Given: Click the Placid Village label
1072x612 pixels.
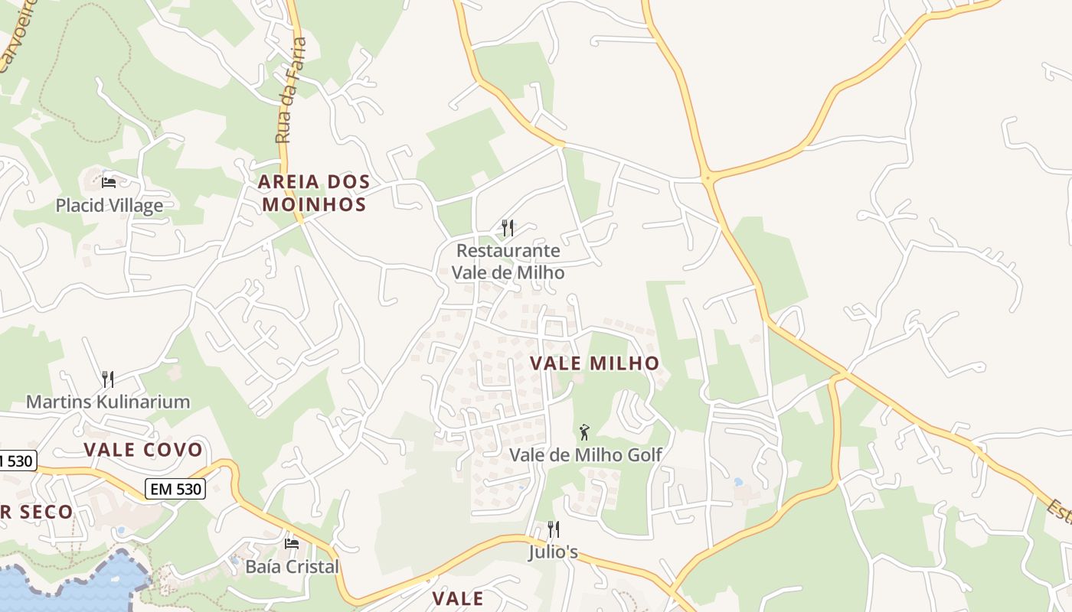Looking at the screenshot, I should click(109, 205).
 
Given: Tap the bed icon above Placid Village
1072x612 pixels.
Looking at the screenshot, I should click(109, 182).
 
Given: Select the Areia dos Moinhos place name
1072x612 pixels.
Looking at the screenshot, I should click(313, 193).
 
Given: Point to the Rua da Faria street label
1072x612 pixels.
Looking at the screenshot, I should click(291, 90).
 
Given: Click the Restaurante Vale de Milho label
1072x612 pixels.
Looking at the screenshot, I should click(508, 262).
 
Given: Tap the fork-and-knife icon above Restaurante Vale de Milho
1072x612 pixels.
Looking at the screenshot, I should click(507, 228).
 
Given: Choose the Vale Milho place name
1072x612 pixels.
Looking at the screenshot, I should click(594, 363).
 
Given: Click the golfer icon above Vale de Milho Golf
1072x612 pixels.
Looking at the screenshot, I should click(584, 432).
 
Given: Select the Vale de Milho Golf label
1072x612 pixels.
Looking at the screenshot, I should click(586, 454).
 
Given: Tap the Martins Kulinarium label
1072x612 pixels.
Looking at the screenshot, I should click(108, 402).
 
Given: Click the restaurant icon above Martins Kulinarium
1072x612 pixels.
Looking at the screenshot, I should click(108, 379).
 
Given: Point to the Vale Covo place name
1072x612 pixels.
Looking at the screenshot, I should click(143, 449).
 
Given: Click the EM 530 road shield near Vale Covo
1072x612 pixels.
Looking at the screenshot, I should click(175, 489).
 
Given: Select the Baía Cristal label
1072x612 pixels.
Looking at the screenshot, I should click(292, 567).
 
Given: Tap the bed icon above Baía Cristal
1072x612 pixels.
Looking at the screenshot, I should click(292, 544).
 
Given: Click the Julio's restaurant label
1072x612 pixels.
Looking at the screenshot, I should click(553, 552).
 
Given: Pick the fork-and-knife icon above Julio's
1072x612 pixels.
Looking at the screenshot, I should click(553, 529).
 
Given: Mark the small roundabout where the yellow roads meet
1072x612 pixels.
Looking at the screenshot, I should click(708, 178).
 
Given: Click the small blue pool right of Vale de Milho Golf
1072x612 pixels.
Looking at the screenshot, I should click(738, 483).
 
